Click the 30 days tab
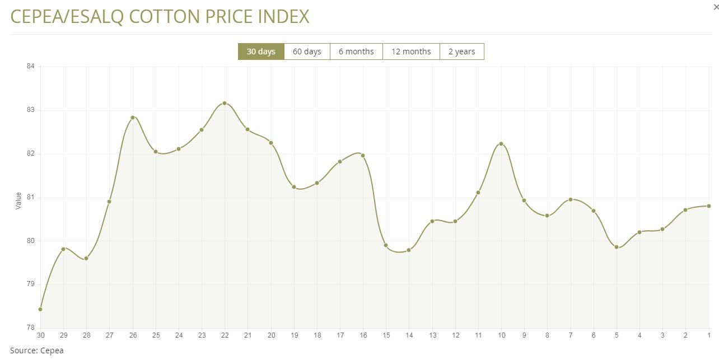coord(261,52)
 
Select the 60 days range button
coord(307,52)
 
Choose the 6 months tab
coord(356,52)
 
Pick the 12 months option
coord(411,52)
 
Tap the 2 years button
coord(461,52)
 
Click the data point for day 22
coord(225,103)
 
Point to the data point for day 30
coord(40,309)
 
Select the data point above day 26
coord(133,118)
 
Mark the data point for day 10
coord(501,144)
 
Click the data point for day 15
coord(386,245)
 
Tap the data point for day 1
coord(709,206)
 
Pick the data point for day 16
coord(363,156)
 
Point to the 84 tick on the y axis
coord(30,67)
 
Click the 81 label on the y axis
coord(30,197)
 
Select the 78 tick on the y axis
coord(30,328)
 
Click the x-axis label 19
coord(294,335)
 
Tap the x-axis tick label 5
coord(617,335)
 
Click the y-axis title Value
coord(18,200)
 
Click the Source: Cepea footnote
coord(37,350)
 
